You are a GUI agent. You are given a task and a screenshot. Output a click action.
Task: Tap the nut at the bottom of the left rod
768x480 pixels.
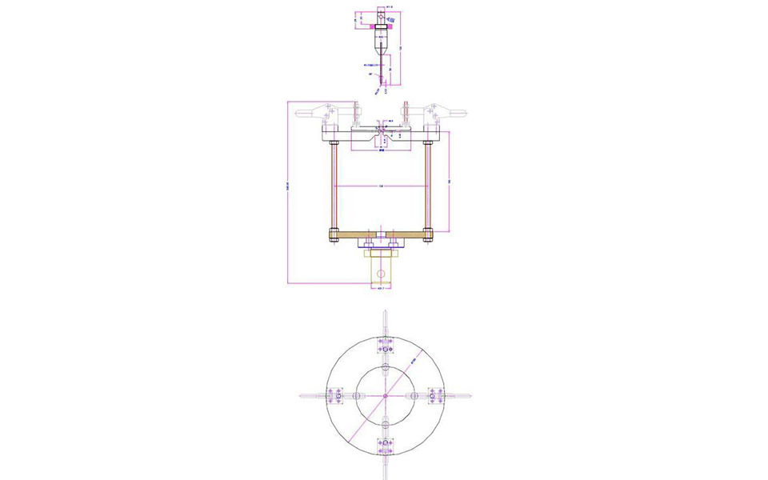point(333,234)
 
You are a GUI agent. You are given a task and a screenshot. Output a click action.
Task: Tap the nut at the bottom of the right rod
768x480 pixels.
point(428,234)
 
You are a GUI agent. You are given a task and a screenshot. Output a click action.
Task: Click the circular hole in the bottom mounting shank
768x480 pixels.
point(381,273)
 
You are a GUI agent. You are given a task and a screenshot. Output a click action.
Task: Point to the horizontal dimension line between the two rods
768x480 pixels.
point(381,187)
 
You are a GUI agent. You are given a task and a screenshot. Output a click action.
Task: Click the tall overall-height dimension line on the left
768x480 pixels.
point(287,192)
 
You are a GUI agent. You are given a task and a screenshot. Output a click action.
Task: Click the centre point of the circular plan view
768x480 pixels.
point(385,395)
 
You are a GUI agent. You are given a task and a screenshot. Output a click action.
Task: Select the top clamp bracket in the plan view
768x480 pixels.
point(385,346)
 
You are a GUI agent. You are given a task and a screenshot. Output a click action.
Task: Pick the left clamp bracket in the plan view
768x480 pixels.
point(335,395)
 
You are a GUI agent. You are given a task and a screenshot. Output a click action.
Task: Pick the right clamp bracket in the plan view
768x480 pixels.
point(434,395)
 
